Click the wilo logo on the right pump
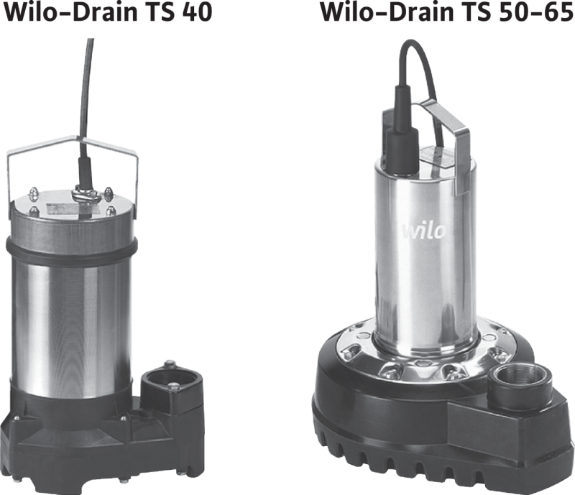424,231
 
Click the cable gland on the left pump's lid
87,193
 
